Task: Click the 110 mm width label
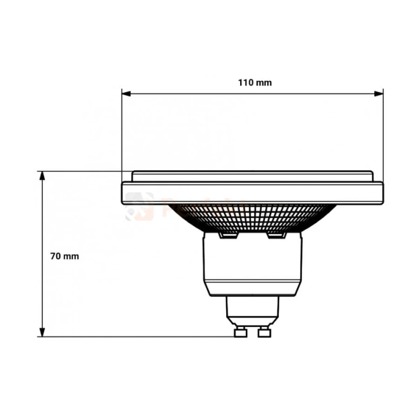click(255, 83)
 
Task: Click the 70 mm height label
click(64, 256)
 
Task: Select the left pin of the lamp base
click(241, 332)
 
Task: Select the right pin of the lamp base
click(264, 332)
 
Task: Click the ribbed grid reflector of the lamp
click(251, 217)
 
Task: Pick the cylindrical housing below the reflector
click(253, 265)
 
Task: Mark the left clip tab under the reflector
click(228, 235)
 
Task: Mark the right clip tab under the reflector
click(277, 235)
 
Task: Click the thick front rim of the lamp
click(253, 193)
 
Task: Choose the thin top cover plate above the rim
click(253, 176)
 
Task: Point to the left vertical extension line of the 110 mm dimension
click(122, 134)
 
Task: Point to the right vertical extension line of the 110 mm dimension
click(383, 134)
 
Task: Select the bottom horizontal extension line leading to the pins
click(140, 336)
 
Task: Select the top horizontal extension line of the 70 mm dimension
click(84, 171)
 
